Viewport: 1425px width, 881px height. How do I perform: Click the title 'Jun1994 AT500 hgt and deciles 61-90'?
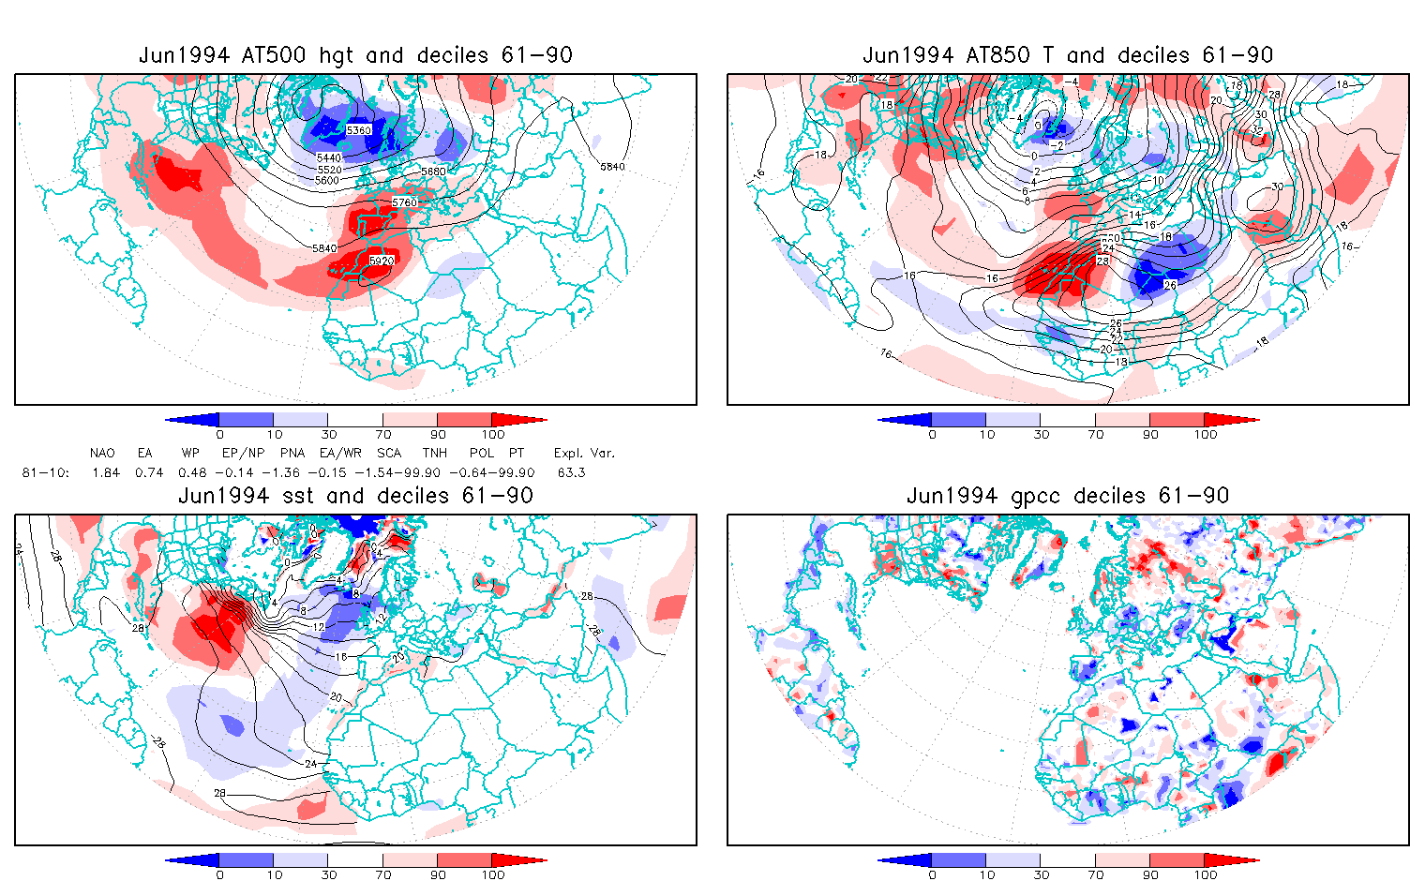point(355,55)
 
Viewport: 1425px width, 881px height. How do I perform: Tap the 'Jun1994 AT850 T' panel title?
point(1068,55)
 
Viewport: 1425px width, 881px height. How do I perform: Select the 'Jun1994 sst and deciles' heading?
point(355,496)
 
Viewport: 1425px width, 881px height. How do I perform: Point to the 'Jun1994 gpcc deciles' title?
point(1068,496)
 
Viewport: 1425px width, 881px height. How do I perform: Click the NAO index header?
point(102,453)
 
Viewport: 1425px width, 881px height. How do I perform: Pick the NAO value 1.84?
point(106,472)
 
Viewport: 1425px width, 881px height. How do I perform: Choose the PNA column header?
point(292,453)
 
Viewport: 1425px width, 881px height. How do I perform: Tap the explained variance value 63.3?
point(571,472)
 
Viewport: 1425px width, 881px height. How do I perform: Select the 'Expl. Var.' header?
point(584,453)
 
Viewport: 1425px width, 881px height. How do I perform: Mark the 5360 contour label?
point(358,130)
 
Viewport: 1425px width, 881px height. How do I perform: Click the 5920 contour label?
point(382,261)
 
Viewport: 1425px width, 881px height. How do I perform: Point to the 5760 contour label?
point(405,202)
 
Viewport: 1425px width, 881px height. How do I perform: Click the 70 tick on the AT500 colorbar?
point(382,435)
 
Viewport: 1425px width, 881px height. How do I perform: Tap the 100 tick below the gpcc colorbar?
point(1206,875)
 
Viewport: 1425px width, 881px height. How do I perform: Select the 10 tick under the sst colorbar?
point(274,875)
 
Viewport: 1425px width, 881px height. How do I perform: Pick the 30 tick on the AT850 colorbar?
point(1041,435)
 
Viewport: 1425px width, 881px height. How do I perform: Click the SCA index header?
point(389,453)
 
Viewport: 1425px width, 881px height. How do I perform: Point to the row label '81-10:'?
point(45,472)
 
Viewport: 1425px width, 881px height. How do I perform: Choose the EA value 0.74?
point(149,472)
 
